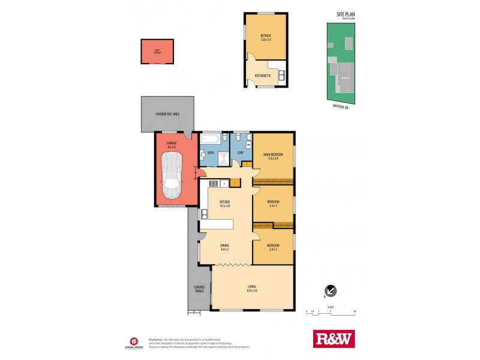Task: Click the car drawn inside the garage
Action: (172, 175)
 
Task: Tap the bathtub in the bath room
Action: (211, 139)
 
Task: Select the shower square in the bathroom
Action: (223, 158)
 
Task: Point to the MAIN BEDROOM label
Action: (272, 155)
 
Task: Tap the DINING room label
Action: (225, 246)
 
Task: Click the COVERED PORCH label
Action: (199, 289)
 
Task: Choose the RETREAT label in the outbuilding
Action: (266, 37)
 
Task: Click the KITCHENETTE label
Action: (263, 76)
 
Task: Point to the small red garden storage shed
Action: (157, 52)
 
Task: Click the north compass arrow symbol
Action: (330, 291)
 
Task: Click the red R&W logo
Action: (334, 339)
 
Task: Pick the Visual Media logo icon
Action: (136, 338)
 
